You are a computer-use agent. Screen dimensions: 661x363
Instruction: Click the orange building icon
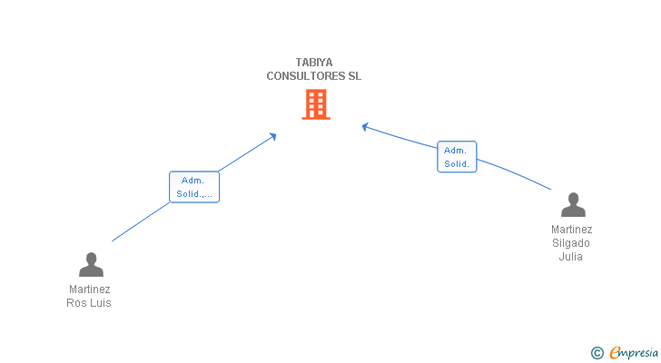(x=315, y=104)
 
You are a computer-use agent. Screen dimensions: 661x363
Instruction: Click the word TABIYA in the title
(x=313, y=63)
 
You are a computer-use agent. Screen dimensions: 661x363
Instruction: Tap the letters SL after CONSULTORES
(x=354, y=76)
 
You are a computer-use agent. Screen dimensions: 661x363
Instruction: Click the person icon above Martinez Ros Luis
(x=91, y=264)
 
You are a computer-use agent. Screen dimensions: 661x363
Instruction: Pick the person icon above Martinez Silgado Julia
(x=572, y=205)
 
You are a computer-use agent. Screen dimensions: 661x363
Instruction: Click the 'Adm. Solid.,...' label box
(x=194, y=187)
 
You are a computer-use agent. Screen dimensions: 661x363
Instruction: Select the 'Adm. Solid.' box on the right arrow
(x=457, y=157)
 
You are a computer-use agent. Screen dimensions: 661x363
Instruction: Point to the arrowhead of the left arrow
(x=273, y=136)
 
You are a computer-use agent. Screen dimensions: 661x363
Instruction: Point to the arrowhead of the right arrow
(x=364, y=126)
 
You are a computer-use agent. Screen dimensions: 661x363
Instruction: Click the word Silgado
(x=571, y=243)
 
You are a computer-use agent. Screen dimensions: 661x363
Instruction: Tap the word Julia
(x=571, y=257)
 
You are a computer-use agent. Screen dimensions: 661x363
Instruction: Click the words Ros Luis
(x=89, y=303)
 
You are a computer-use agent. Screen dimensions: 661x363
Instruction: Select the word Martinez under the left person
(x=89, y=289)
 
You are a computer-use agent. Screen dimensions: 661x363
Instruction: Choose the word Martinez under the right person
(x=571, y=230)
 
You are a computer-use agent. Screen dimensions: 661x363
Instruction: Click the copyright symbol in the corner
(x=597, y=353)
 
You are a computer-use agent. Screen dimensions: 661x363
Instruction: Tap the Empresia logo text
(x=635, y=352)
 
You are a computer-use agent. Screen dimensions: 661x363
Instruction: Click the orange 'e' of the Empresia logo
(x=615, y=353)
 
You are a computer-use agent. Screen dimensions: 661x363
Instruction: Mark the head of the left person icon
(x=91, y=258)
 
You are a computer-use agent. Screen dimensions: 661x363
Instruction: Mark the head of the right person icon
(x=572, y=199)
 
